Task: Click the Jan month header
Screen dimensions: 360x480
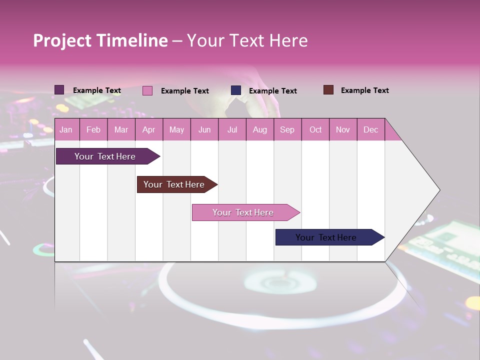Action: click(x=66, y=129)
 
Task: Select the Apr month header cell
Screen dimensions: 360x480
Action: click(x=149, y=129)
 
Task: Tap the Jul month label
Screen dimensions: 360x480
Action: click(x=232, y=129)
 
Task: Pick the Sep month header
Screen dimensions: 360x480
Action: click(x=287, y=129)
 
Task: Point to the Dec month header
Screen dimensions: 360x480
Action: click(x=370, y=129)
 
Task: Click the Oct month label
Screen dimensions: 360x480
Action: click(x=315, y=129)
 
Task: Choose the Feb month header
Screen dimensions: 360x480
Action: click(x=93, y=129)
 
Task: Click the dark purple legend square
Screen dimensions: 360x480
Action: click(x=59, y=90)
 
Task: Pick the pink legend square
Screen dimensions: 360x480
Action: click(x=147, y=90)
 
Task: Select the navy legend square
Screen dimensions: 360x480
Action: click(x=236, y=90)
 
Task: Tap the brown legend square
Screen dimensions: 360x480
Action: click(x=328, y=90)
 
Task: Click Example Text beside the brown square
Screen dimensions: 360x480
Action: click(x=364, y=90)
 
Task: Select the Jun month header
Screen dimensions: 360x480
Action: click(x=204, y=129)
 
